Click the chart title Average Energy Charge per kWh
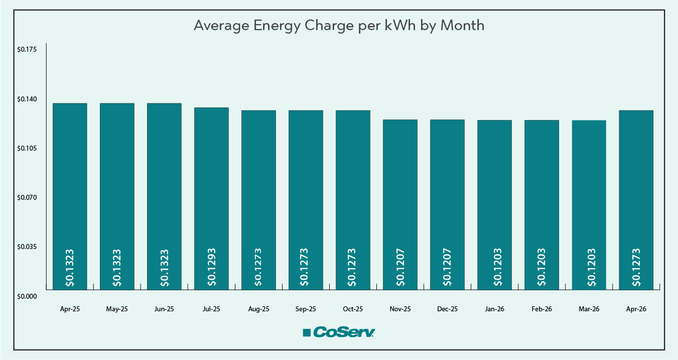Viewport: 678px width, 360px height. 339,26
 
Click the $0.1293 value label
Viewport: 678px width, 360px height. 212,267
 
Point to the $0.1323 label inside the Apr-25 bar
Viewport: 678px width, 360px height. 70,267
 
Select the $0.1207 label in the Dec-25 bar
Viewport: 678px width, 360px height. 448,267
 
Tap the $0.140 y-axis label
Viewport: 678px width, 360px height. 27,99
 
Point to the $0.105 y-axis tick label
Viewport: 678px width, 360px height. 27,148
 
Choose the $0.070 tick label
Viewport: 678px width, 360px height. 27,197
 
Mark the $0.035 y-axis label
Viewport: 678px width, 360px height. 27,247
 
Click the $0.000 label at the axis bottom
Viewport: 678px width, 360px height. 27,296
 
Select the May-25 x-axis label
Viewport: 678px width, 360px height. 117,309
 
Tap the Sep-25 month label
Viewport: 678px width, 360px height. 306,309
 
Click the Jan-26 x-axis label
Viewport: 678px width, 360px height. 494,309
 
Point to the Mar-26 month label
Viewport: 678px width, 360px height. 589,309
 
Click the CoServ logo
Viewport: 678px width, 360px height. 339,332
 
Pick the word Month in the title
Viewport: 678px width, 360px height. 462,26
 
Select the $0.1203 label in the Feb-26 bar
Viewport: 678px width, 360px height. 542,267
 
